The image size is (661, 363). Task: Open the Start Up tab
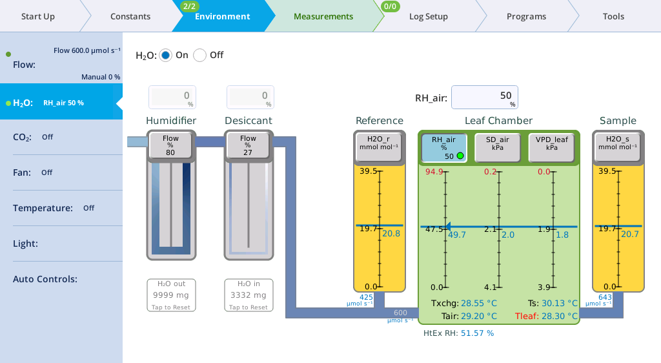(x=38, y=16)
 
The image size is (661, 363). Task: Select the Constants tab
(x=130, y=16)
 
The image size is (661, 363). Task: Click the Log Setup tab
(x=429, y=16)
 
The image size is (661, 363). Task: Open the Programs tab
(x=526, y=16)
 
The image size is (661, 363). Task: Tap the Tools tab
(x=613, y=16)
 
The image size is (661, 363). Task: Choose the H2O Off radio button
(x=199, y=56)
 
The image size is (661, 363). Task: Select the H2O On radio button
(x=165, y=56)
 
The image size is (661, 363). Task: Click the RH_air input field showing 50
(x=484, y=98)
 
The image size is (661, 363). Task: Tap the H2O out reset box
(x=171, y=295)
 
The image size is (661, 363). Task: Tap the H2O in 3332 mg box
(x=249, y=295)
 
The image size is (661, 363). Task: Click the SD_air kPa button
(x=498, y=147)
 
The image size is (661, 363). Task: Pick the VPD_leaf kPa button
(x=551, y=147)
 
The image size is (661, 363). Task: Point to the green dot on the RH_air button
(x=460, y=156)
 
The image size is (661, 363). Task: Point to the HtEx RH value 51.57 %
(x=477, y=333)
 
